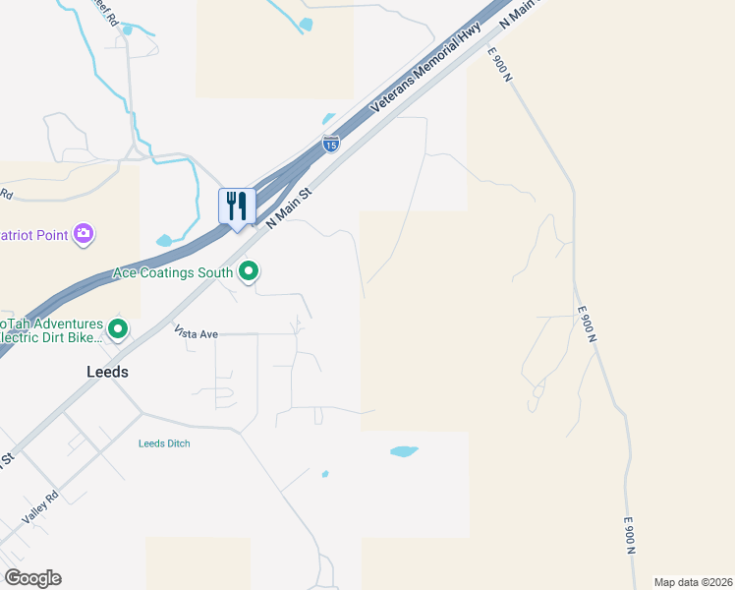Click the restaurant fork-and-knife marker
tap(237, 206)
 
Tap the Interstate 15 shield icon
tap(331, 144)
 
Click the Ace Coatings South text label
tap(173, 272)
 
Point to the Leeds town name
tap(106, 373)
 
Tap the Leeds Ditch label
tap(164, 443)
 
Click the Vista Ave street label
tap(196, 334)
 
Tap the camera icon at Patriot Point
tap(85, 232)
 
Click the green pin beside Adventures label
tap(118, 329)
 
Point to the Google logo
tap(32, 577)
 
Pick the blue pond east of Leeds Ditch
tap(404, 451)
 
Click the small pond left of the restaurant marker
tap(165, 240)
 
